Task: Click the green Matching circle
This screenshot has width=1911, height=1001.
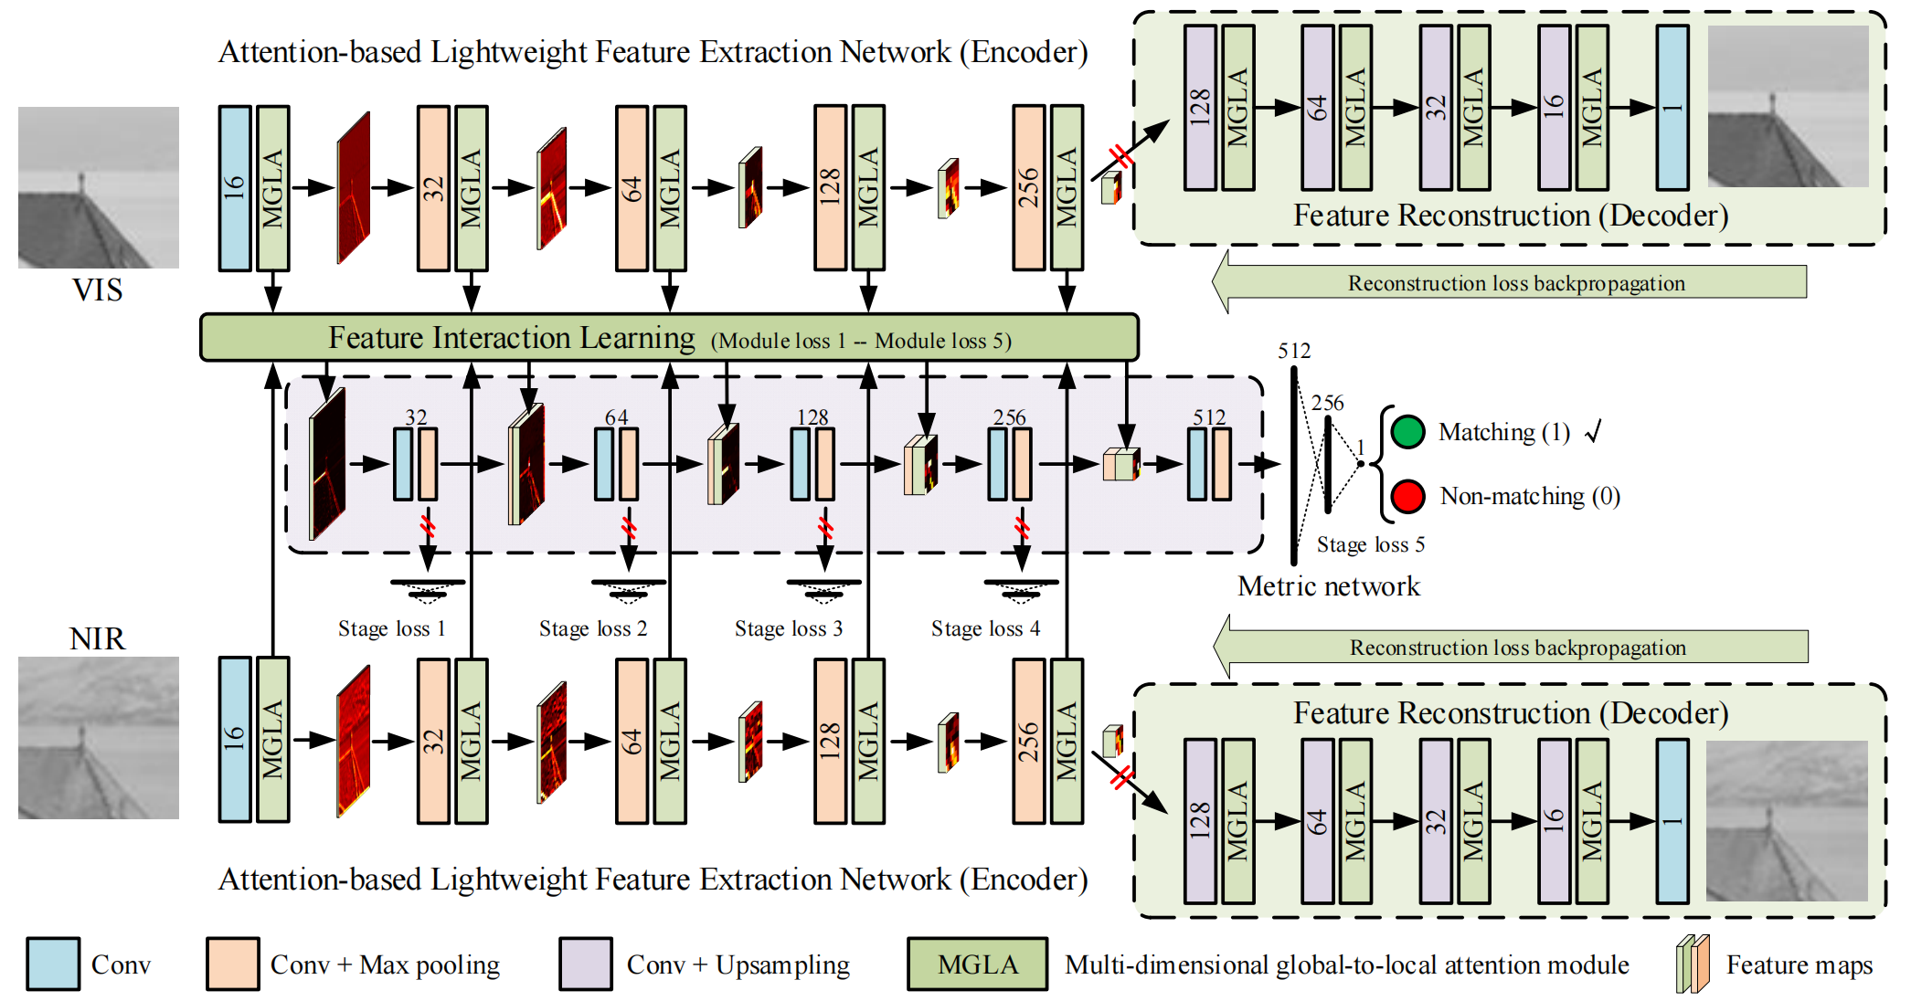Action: [x=1407, y=432]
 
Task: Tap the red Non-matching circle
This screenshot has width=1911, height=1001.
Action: [x=1407, y=496]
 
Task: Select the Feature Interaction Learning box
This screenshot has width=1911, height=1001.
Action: [x=668, y=338]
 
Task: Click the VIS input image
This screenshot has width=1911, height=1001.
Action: [x=99, y=187]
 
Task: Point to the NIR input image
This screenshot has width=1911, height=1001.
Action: [x=99, y=737]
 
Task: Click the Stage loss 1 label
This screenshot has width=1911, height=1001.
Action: [x=391, y=628]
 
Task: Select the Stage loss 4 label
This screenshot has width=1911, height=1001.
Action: [x=985, y=628]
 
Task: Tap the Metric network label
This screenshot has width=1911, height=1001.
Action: [x=1328, y=586]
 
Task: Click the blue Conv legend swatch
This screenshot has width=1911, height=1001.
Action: [x=53, y=964]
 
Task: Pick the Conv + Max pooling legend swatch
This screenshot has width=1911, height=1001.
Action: [x=232, y=964]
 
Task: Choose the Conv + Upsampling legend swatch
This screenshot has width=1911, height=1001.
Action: [x=586, y=964]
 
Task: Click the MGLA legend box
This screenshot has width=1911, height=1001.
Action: [x=977, y=964]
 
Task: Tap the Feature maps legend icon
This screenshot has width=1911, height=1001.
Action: [x=1693, y=964]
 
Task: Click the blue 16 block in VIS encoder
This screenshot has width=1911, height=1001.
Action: [x=235, y=188]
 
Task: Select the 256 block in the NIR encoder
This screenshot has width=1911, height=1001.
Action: [x=1028, y=741]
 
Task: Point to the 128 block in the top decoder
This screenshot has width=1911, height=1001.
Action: [x=1200, y=108]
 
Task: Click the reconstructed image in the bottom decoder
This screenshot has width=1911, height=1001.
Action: [x=1787, y=820]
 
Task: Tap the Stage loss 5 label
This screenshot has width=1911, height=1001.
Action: [x=1370, y=544]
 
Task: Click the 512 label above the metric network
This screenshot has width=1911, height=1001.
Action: [x=1293, y=351]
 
